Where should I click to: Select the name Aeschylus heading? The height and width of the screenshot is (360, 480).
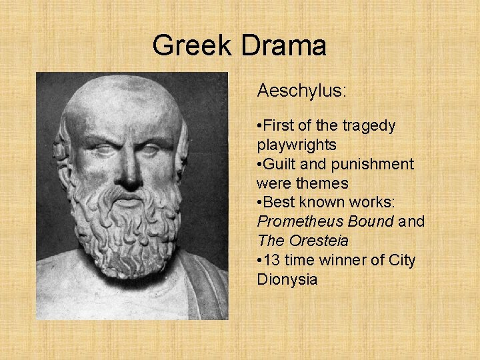point(301,90)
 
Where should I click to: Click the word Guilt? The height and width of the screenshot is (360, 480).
point(280,164)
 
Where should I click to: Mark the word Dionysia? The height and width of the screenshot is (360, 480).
point(287,279)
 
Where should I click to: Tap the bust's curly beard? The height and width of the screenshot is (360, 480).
point(127,227)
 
